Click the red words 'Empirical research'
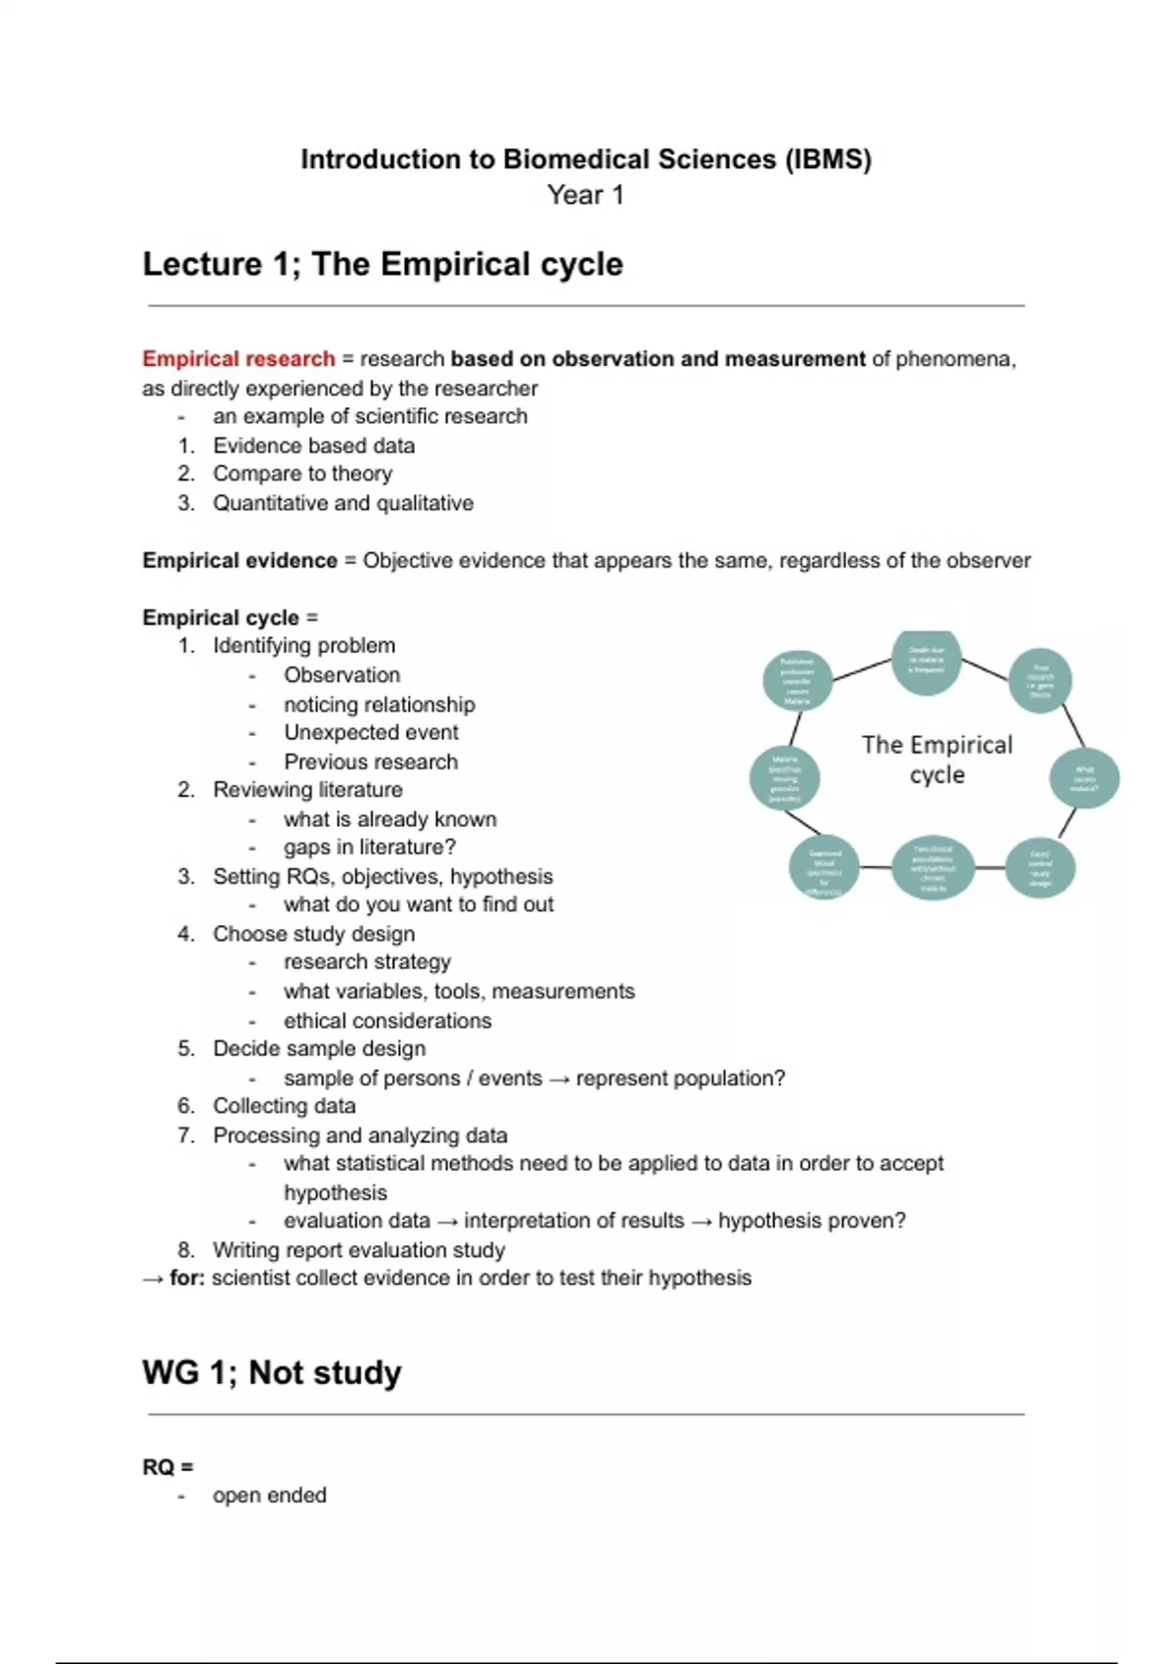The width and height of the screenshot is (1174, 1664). [x=239, y=359]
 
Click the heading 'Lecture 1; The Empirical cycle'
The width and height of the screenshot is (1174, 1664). [x=383, y=264]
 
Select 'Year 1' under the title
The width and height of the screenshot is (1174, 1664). [x=585, y=195]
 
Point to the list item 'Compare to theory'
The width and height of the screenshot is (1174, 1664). [x=302, y=474]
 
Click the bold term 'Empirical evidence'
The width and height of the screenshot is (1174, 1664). [x=240, y=561]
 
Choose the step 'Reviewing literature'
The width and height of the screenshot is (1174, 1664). [x=307, y=790]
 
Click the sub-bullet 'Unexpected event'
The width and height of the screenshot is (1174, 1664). [x=371, y=733]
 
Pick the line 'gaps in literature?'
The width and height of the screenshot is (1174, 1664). [x=370, y=848]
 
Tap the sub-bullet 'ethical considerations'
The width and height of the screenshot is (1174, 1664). [x=387, y=1021]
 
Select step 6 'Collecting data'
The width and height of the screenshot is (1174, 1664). [x=284, y=1106]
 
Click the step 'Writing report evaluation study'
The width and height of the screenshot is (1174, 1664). [x=359, y=1250]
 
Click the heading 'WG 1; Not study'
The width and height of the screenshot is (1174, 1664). [x=272, y=1372]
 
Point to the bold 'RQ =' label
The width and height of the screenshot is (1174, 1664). [x=168, y=1467]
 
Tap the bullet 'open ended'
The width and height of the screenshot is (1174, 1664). [x=269, y=1496]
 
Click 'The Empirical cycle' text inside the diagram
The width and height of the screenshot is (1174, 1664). [x=937, y=760]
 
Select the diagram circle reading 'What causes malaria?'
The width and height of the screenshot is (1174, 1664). [x=1084, y=779]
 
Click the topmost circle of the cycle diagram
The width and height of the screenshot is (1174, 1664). [x=926, y=661]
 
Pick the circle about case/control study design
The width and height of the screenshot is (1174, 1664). [x=1040, y=868]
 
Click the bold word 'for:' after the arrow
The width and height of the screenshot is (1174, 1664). [x=187, y=1278]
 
